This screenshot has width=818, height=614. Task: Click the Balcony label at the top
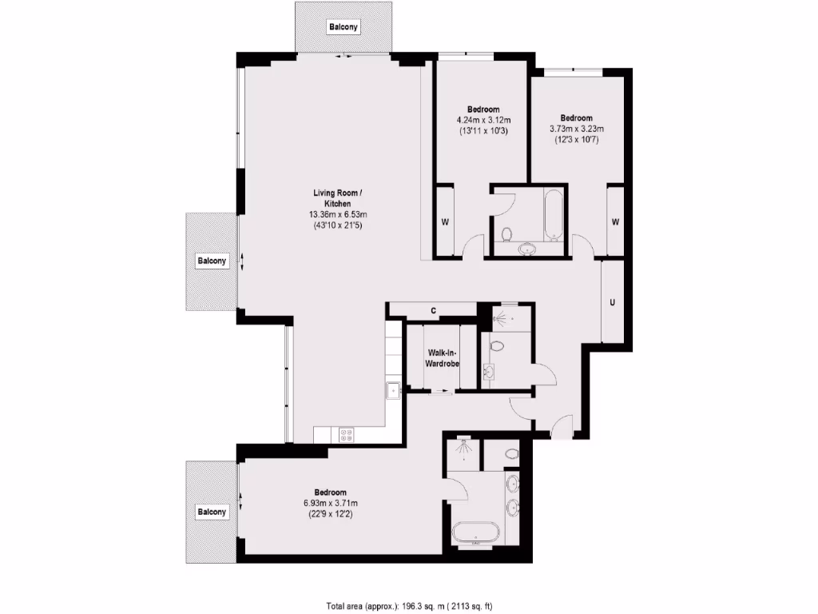[x=343, y=27]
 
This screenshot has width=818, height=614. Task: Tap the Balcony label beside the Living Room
[x=212, y=261]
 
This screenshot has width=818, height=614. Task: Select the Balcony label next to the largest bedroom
[x=212, y=511]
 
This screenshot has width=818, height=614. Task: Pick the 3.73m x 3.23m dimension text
[x=576, y=128]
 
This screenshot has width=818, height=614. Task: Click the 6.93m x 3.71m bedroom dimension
[x=330, y=503]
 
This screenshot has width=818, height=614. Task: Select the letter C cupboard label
[x=433, y=310]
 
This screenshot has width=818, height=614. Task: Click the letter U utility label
[x=612, y=302]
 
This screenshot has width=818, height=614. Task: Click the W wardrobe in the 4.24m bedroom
[x=444, y=221]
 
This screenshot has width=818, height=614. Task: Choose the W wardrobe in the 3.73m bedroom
[x=615, y=221]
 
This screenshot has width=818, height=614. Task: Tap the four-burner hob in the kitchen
[x=347, y=435]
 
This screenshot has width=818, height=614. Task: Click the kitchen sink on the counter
[x=392, y=390]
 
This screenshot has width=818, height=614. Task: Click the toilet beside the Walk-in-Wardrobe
[x=497, y=348]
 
